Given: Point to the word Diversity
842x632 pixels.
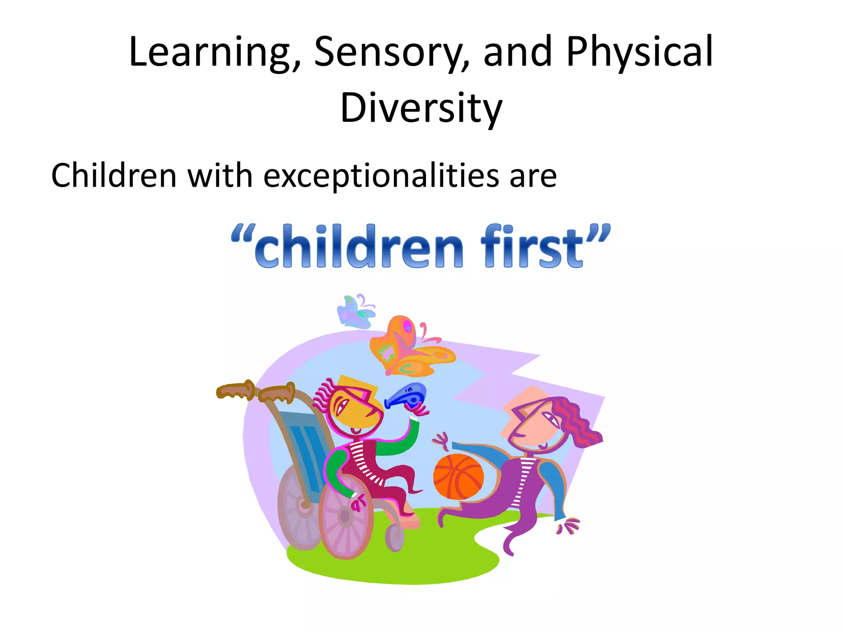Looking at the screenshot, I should coord(421,108).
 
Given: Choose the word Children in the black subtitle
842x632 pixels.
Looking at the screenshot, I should coord(113,175).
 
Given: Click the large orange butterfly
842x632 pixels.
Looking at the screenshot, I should coord(409,348).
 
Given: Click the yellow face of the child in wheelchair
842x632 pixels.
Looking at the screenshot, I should coord(354,407).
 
